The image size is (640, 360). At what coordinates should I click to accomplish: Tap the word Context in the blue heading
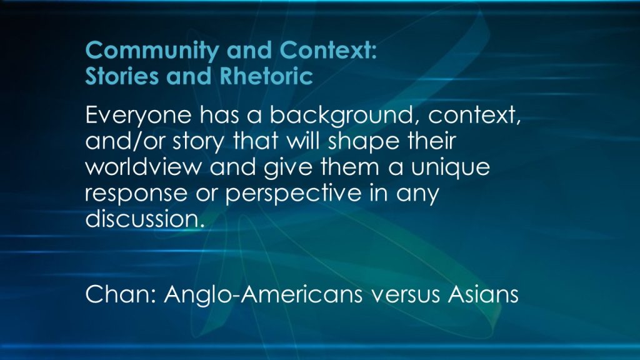328,50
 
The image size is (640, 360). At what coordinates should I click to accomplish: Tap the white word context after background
474,116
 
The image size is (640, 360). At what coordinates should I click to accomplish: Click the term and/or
125,141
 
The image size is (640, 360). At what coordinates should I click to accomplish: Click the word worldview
144,167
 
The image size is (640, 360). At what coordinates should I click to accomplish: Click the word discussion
144,218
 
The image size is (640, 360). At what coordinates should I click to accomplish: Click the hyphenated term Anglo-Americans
263,294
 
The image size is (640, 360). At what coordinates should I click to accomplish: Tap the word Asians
483,294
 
